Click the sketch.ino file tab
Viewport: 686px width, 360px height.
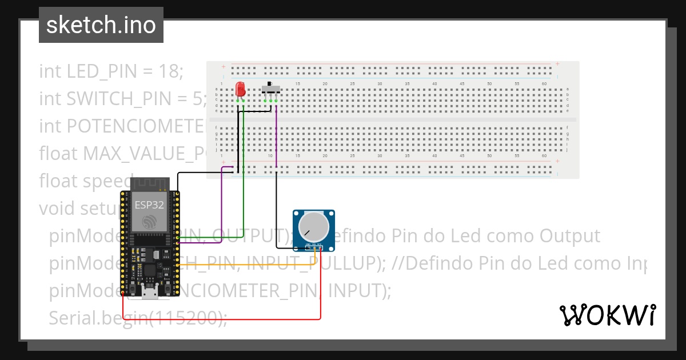coord(101,25)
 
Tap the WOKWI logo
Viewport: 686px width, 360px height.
coord(607,315)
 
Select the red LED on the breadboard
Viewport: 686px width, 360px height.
coord(240,89)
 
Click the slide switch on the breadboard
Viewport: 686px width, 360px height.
coord(270,88)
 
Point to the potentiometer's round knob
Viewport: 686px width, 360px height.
coord(314,227)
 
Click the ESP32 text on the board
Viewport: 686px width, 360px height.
coord(149,204)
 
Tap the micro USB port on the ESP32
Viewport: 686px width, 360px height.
coord(151,294)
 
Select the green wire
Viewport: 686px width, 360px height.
coord(244,171)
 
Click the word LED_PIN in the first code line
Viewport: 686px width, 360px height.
coord(102,71)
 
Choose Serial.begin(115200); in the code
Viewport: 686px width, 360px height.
coord(138,318)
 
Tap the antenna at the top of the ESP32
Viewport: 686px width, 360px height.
coord(149,184)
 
